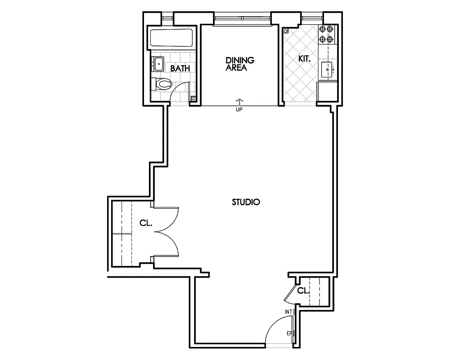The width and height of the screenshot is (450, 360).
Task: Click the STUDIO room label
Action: click(246, 202)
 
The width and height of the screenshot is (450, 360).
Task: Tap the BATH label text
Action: click(180, 68)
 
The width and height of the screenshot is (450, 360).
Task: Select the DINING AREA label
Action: click(240, 64)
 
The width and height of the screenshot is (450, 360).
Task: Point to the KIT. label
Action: click(305, 59)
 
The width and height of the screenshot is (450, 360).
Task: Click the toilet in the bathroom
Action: click(163, 83)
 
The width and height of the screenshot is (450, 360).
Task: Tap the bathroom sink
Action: click(158, 63)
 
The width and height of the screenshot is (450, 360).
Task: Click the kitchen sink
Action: click(327, 69)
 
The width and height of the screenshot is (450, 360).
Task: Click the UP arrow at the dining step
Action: click(239, 102)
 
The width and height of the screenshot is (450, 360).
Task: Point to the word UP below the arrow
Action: click(239, 109)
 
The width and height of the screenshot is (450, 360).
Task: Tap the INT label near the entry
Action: click(288, 311)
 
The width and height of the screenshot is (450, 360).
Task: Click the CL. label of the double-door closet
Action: click(145, 223)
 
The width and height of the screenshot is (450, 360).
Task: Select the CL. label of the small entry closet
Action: click(303, 291)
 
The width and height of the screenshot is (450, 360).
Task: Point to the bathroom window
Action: click(167, 18)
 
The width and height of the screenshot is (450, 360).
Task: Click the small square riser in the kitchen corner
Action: click(285, 31)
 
